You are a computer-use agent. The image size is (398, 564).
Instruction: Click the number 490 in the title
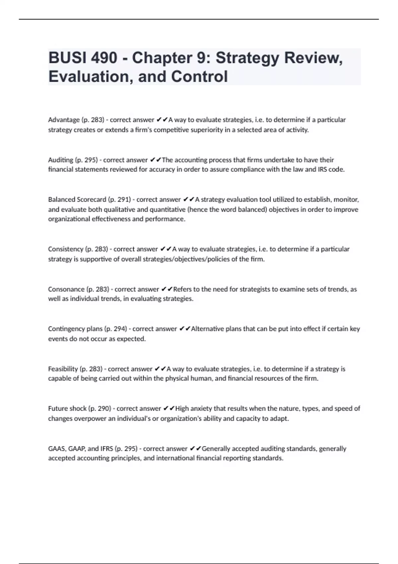click(x=104, y=58)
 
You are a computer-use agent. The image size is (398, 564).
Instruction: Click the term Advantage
click(x=64, y=120)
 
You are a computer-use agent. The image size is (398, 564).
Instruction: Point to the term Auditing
click(x=61, y=160)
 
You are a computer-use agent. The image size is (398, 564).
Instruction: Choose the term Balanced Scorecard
click(x=77, y=200)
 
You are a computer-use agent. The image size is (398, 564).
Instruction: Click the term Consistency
click(x=65, y=249)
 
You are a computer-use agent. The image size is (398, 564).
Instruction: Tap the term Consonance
click(x=66, y=289)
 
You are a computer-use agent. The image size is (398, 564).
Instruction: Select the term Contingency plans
click(x=75, y=329)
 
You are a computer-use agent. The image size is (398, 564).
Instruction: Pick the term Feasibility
click(x=63, y=369)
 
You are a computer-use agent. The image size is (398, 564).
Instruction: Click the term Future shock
click(x=67, y=408)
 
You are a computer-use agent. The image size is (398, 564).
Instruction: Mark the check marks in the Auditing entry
click(x=156, y=160)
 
